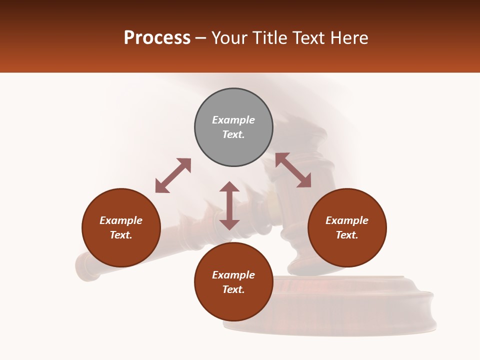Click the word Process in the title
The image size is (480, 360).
pyautogui.click(x=157, y=38)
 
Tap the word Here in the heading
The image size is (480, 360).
pyautogui.click(x=350, y=38)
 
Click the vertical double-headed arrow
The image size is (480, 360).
pyautogui.click(x=229, y=205)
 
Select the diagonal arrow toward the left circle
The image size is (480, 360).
pyautogui.click(x=173, y=175)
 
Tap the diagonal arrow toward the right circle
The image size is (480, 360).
pyautogui.click(x=293, y=170)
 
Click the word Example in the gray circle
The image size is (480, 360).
pyautogui.click(x=233, y=120)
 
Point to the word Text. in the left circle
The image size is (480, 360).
pyautogui.click(x=121, y=235)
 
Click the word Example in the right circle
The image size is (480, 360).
pyautogui.click(x=347, y=220)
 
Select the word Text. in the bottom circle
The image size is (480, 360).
pyautogui.click(x=233, y=289)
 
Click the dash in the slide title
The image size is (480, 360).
pyautogui.click(x=200, y=38)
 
